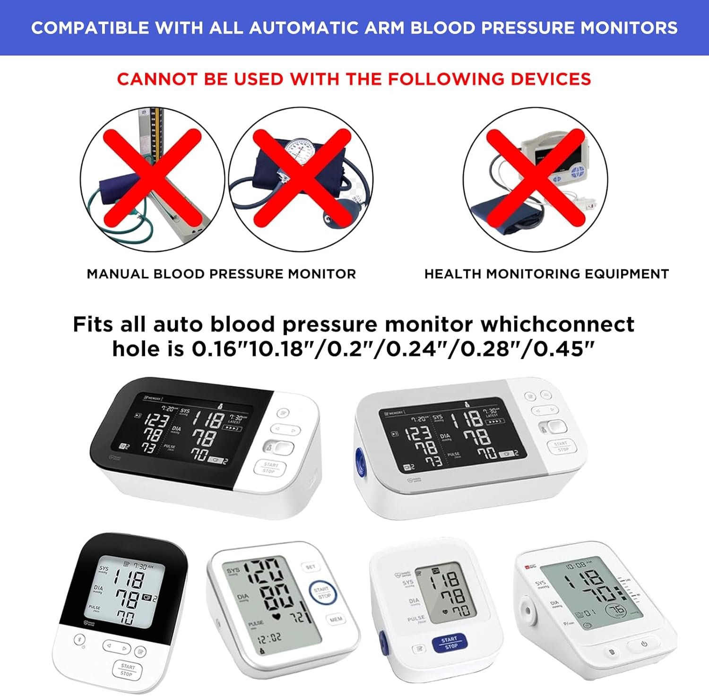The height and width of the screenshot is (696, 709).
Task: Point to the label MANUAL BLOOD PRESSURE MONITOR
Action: pyautogui.click(x=221, y=274)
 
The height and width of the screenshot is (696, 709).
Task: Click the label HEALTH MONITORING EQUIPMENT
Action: pyautogui.click(x=546, y=274)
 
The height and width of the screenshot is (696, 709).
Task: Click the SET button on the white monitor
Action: pyautogui.click(x=311, y=567)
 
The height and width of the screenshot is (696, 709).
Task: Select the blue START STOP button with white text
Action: pyautogui.click(x=449, y=643)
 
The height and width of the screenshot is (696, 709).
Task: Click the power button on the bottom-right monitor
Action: pyautogui.click(x=644, y=644)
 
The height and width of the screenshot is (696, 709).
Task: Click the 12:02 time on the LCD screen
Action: pyautogui.click(x=269, y=638)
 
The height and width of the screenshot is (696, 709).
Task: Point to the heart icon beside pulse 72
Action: pyautogui.click(x=277, y=616)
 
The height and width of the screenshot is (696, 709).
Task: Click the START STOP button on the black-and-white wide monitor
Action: pyautogui.click(x=270, y=467)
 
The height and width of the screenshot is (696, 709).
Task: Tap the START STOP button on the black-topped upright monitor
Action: pyautogui.click(x=127, y=670)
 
